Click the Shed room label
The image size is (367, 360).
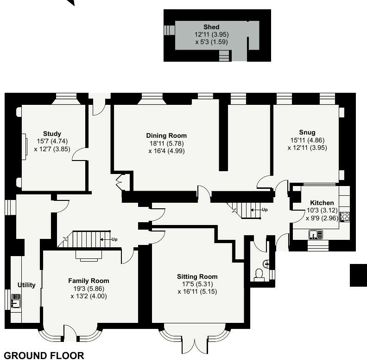click(211, 27)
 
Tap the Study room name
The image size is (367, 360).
click(52, 134)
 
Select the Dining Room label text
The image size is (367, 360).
click(166, 135)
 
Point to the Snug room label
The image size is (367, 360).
click(307, 132)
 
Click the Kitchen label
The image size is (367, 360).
click(322, 203)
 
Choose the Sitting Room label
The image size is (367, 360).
click(197, 276)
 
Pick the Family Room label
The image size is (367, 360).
click(89, 281)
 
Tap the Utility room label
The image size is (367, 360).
click(26, 285)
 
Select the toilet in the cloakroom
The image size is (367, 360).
click(259, 275)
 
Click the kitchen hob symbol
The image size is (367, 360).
click(345, 216)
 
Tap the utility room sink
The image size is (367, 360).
click(15, 302)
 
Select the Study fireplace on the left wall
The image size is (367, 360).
click(24, 147)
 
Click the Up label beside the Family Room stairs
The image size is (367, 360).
click(114, 239)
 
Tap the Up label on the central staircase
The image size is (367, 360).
click(265, 210)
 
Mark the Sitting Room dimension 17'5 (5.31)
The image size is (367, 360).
click(197, 284)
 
